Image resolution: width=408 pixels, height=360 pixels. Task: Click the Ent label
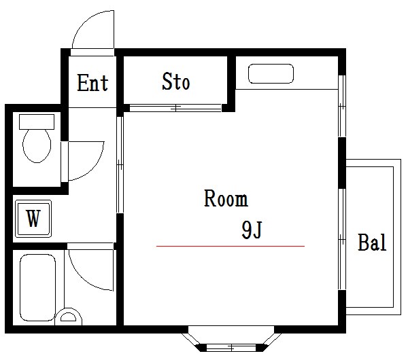coord(92,83)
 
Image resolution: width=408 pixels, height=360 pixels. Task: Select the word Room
coord(226,199)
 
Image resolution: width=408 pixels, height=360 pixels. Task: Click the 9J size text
coord(252,231)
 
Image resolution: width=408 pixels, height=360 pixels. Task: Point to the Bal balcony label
coord(372,242)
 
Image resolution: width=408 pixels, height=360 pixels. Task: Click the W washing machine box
coord(33,219)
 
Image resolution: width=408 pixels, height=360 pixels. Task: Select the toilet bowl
coord(36,146)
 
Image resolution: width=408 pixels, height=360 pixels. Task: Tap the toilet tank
coord(36,122)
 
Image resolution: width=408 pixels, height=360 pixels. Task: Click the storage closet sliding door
coord(175,107)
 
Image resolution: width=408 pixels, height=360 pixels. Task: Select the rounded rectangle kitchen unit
coord(270,74)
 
